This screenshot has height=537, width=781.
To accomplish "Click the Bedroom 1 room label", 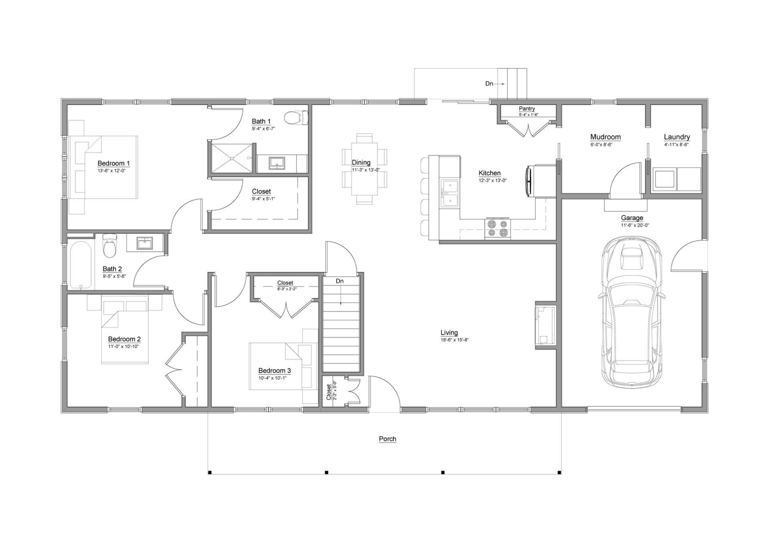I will point(113,163).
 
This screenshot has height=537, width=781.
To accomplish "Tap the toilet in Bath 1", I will point(295,118).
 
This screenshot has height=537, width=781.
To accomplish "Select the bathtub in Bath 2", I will point(81,264).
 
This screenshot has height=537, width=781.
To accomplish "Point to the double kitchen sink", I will point(449,193).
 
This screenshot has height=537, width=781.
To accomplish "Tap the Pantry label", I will point(526,109).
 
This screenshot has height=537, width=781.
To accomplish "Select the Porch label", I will point(387,439).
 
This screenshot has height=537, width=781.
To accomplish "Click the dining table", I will point(364,169).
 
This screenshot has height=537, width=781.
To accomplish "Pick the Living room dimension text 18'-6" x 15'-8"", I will point(454,340).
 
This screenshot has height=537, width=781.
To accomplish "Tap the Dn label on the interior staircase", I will point(340,281).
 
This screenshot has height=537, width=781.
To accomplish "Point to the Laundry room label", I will point(677,137).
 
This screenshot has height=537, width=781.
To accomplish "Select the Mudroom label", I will point(605,137).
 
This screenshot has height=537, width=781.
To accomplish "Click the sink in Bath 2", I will point(144,243).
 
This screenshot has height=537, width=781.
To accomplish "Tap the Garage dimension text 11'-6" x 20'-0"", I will point(635,225).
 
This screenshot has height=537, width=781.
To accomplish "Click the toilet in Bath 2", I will point(109,247).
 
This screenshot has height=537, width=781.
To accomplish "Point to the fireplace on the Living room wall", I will point(546,325).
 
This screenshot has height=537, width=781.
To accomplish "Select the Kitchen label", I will point(490,173).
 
